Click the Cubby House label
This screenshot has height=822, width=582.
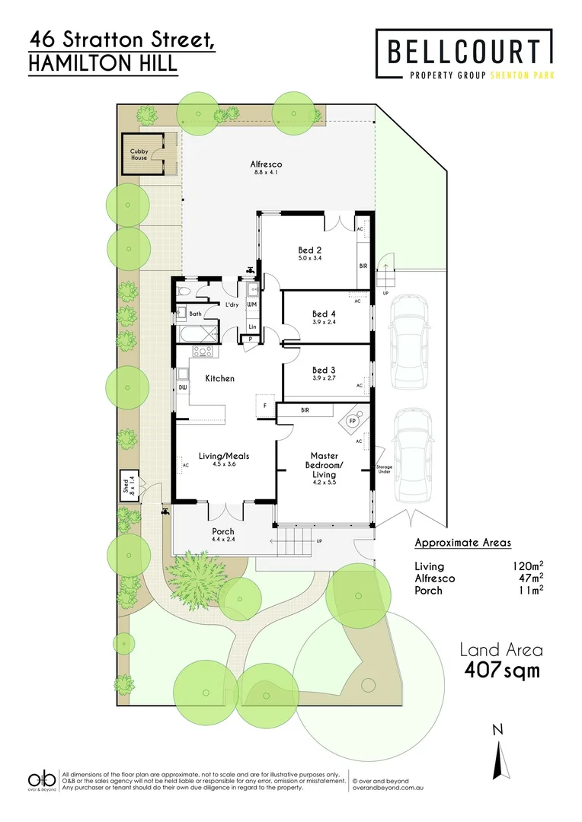(138, 155)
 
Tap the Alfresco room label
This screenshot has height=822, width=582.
(267, 164)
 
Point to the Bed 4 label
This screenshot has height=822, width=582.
(324, 314)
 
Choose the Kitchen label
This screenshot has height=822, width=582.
(220, 378)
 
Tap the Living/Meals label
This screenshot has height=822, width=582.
(224, 457)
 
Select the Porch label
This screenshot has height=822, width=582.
(223, 531)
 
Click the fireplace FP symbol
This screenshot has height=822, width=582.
(352, 419)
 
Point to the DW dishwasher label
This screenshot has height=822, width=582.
(183, 387)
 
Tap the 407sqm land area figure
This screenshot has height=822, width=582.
(503, 671)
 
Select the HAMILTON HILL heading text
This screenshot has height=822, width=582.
(102, 64)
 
